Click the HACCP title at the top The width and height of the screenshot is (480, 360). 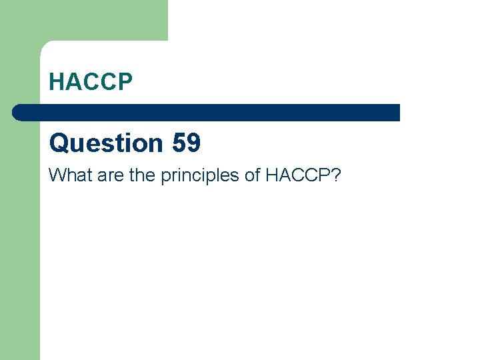(x=91, y=81)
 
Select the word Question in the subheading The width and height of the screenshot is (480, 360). (x=105, y=143)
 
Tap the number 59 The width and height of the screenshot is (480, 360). (x=186, y=143)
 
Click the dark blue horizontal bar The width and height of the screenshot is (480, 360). (x=207, y=113)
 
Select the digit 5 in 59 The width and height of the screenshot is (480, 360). (x=179, y=143)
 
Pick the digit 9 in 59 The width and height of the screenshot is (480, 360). (x=193, y=143)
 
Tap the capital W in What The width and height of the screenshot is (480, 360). (x=57, y=175)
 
